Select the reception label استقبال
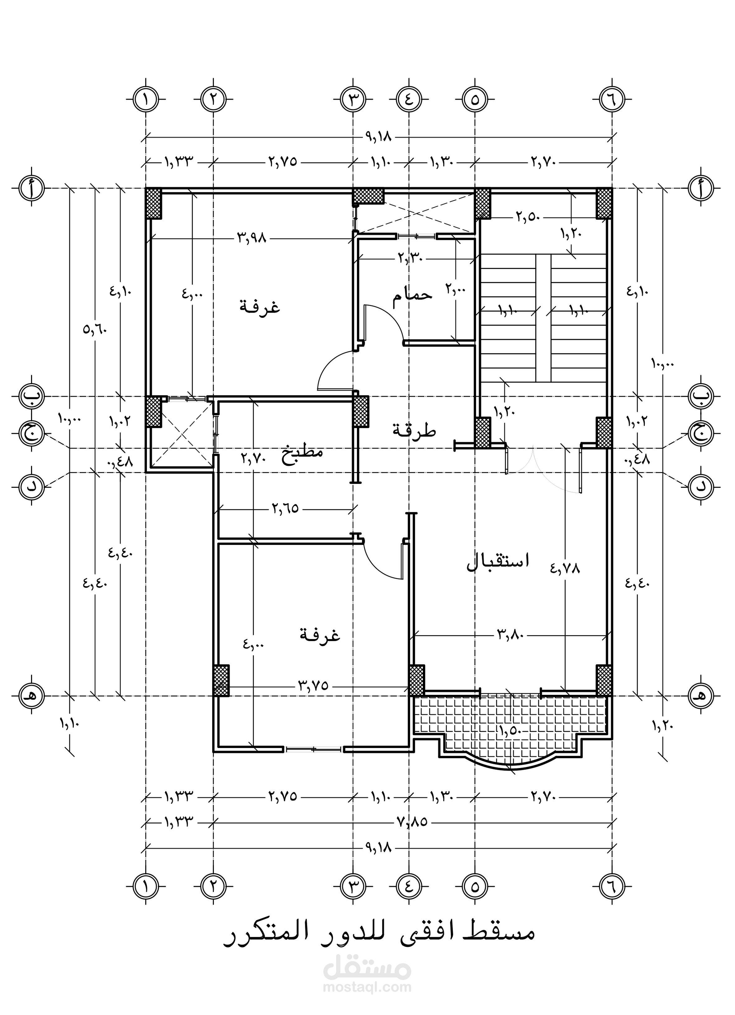498,562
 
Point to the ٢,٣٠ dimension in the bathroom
411,258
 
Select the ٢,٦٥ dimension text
285,508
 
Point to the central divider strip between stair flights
543,319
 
